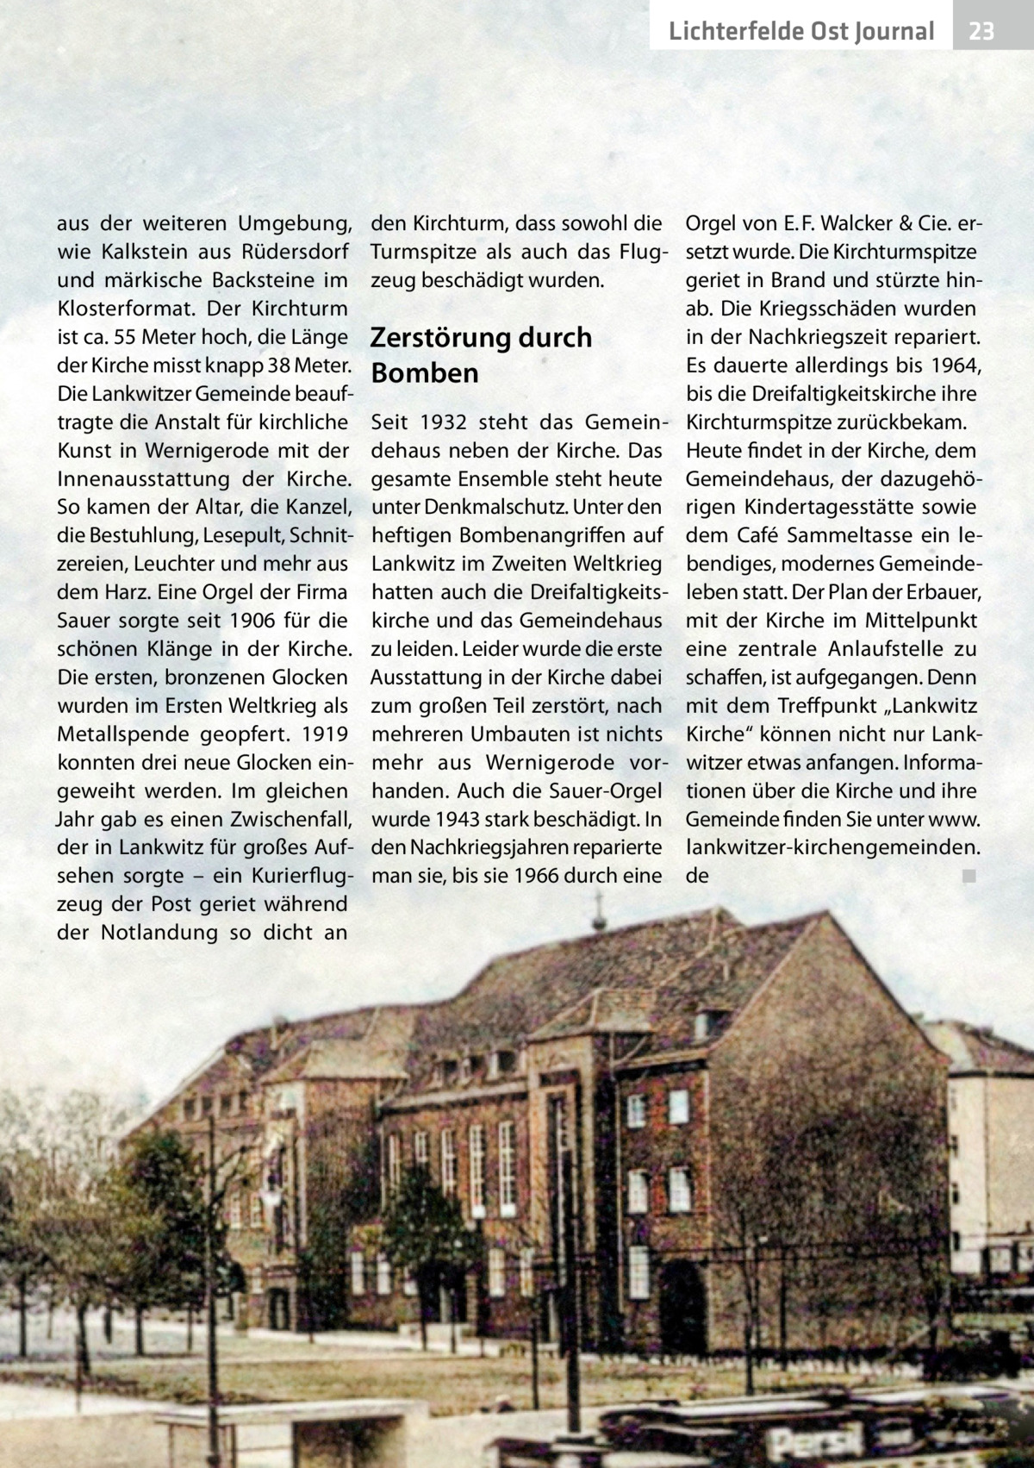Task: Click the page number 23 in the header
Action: point(981,33)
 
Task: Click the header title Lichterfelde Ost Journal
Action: point(800,33)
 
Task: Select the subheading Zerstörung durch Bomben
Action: point(480,355)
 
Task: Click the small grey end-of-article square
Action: point(969,878)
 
